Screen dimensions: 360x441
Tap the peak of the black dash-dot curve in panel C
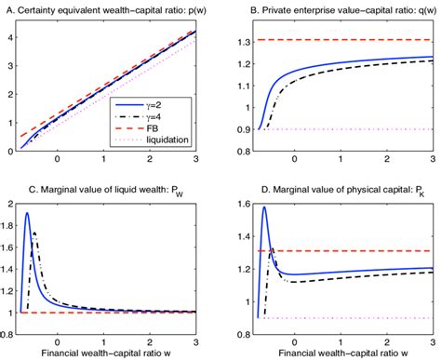coord(35,232)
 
